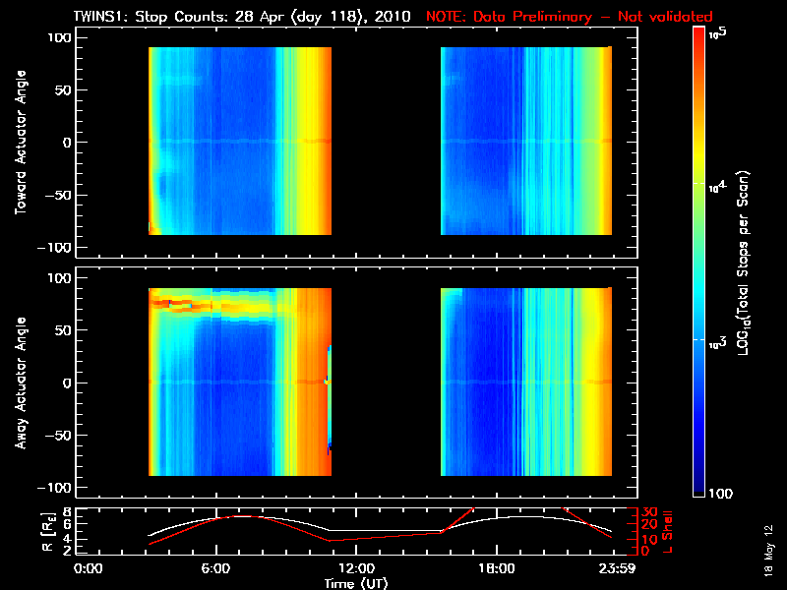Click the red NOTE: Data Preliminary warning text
(x=569, y=17)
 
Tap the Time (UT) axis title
(x=356, y=583)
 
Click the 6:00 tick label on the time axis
(x=215, y=569)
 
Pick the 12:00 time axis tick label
(x=355, y=569)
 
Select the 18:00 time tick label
(x=495, y=569)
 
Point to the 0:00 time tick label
(x=89, y=569)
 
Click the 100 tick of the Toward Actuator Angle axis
(x=61, y=37)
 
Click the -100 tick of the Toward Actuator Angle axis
(x=57, y=247)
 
